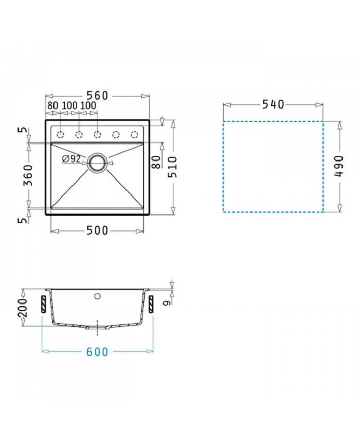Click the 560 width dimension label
click(98, 96)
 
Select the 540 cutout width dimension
click(273, 104)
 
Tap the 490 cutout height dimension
click(339, 166)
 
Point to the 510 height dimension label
click(172, 167)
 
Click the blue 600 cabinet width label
click(98, 352)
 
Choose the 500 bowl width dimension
click(98, 230)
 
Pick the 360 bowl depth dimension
click(28, 175)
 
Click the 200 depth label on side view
click(22, 308)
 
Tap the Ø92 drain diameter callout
click(71, 159)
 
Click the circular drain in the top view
click(98, 163)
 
